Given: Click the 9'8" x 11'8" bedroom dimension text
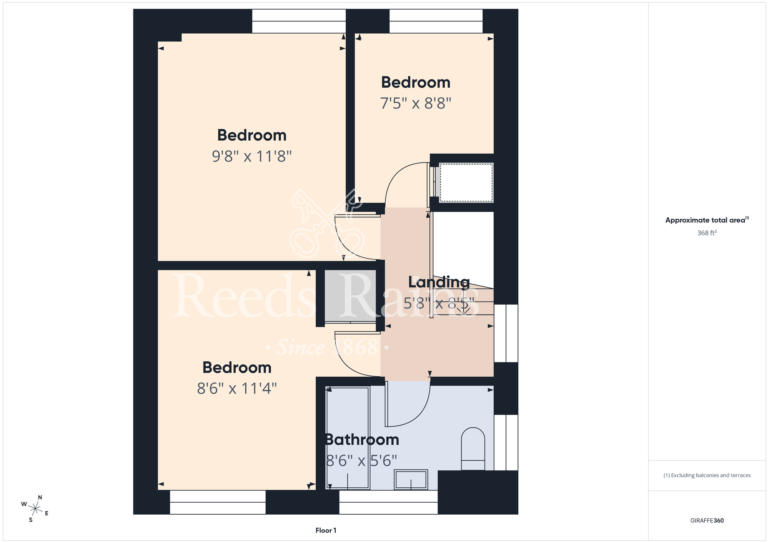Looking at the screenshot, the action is [x=252, y=156].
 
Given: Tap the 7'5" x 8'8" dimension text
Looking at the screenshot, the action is [x=416, y=103].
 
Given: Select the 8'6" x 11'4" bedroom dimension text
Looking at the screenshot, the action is [x=237, y=388].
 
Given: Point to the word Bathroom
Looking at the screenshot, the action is [x=362, y=439].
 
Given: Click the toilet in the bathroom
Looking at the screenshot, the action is [x=473, y=449].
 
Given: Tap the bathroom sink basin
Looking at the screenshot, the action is [x=411, y=479].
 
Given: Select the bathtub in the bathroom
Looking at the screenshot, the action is [x=348, y=438].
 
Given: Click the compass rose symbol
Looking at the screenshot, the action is [x=35, y=509].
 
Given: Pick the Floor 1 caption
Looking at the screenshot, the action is [x=326, y=530].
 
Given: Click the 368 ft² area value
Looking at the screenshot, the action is [x=707, y=233].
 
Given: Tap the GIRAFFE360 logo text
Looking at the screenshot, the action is [x=707, y=521].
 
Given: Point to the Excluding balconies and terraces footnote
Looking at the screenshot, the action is [x=707, y=475].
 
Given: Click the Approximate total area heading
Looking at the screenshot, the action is [x=707, y=220].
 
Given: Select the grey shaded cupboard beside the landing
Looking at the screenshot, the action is [x=350, y=296].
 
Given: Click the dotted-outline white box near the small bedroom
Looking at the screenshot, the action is [x=466, y=183].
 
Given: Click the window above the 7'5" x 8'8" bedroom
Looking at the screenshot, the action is [x=436, y=21].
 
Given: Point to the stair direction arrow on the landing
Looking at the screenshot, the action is [x=464, y=307].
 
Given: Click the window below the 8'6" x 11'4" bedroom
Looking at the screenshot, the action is [x=218, y=502].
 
